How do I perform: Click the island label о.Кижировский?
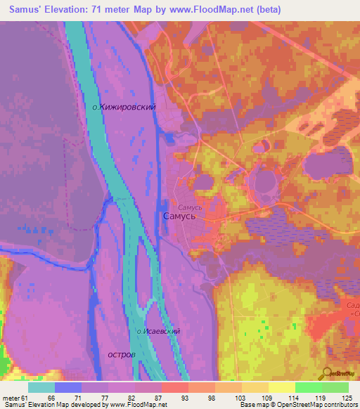coord(124,107)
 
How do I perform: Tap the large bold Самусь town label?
coord(184,217)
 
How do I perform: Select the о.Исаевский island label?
coord(159,330)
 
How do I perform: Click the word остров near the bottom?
coord(122,354)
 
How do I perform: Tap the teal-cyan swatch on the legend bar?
coord(41,387)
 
